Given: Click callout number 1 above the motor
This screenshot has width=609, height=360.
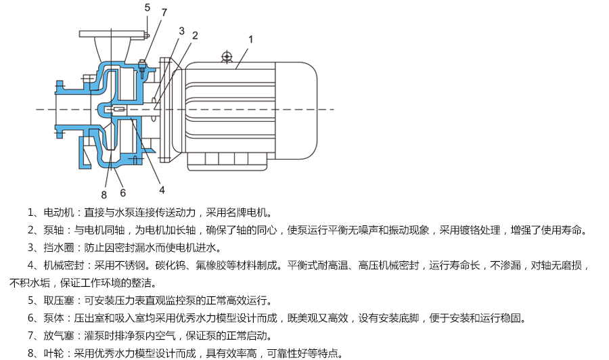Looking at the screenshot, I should (x=250, y=39).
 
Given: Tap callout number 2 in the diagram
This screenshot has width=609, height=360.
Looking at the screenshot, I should (x=195, y=35).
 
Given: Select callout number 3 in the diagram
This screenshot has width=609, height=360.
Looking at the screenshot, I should (x=181, y=30).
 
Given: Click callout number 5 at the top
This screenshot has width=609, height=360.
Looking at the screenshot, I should (x=147, y=7).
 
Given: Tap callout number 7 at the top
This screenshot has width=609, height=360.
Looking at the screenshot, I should (x=164, y=12).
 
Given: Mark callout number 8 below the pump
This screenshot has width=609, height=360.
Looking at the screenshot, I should (x=104, y=194).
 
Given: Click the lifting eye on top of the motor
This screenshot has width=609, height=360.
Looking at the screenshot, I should (x=227, y=56).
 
